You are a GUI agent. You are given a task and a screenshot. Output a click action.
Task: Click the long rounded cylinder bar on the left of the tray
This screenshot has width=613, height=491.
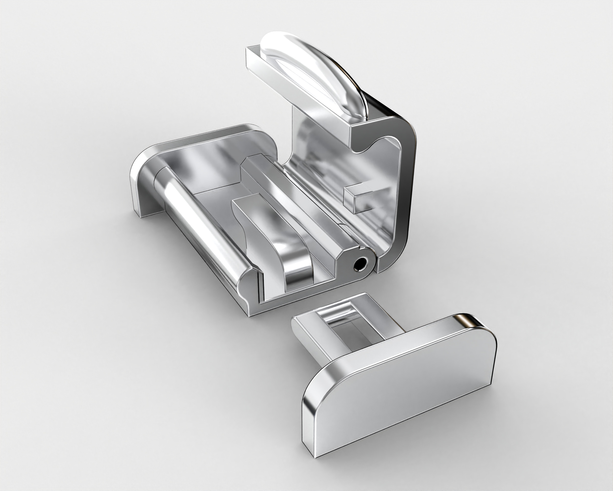(x=199, y=225)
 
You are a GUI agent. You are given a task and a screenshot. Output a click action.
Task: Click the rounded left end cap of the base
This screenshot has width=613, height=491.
(x=142, y=182)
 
